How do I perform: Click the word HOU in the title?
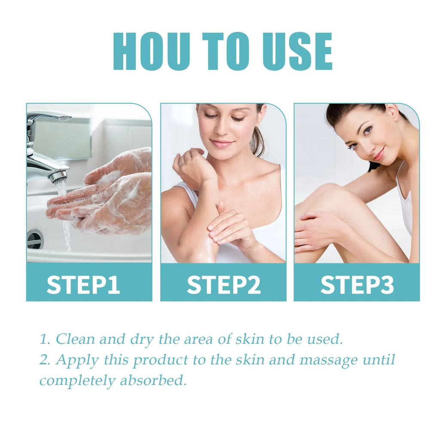tap(151, 51)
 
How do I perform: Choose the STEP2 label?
tap(223, 284)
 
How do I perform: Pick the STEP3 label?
tap(357, 284)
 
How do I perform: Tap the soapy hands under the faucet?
tap(107, 193)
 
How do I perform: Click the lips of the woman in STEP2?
tap(222, 143)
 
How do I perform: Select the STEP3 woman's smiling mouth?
tap(378, 155)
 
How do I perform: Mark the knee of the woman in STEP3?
tap(327, 191)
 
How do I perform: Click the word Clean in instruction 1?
tap(76, 339)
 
